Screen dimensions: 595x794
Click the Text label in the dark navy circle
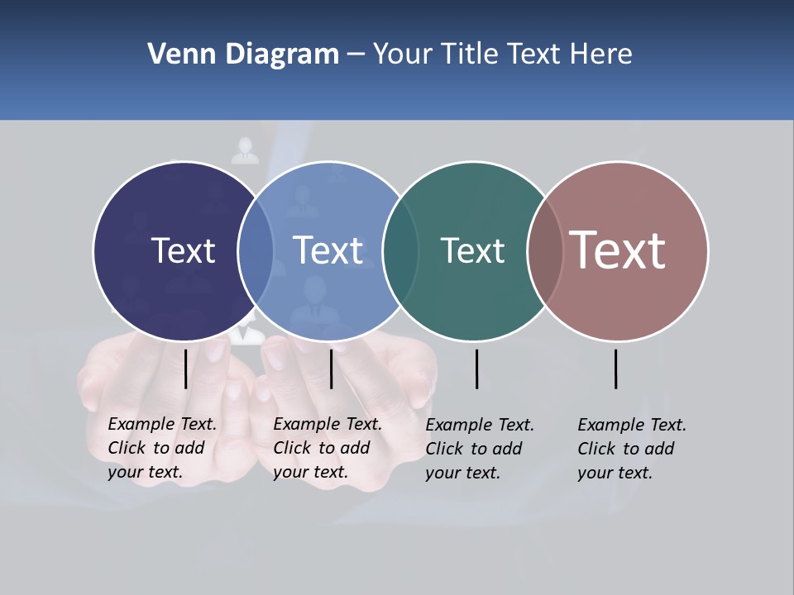pos(183,250)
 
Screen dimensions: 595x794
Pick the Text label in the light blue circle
pos(328,250)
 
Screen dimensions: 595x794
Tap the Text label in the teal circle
pos(472,250)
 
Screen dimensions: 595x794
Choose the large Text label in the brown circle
pos(618,250)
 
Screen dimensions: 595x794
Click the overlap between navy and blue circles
pos(256,250)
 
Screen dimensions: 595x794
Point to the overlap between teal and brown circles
pos(545,250)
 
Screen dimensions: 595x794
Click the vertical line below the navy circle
pos(185,369)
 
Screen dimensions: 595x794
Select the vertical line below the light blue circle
pos(331,369)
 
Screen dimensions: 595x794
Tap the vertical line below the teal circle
pos(476,369)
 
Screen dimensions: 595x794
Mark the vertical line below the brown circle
pos(616,369)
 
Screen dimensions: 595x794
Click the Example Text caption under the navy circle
pos(162,448)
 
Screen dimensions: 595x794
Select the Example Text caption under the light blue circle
pos(328,448)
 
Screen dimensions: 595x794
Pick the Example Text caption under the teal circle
pos(480,449)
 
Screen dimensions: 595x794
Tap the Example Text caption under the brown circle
pos(632,449)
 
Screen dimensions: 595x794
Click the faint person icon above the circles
pos(245,150)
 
